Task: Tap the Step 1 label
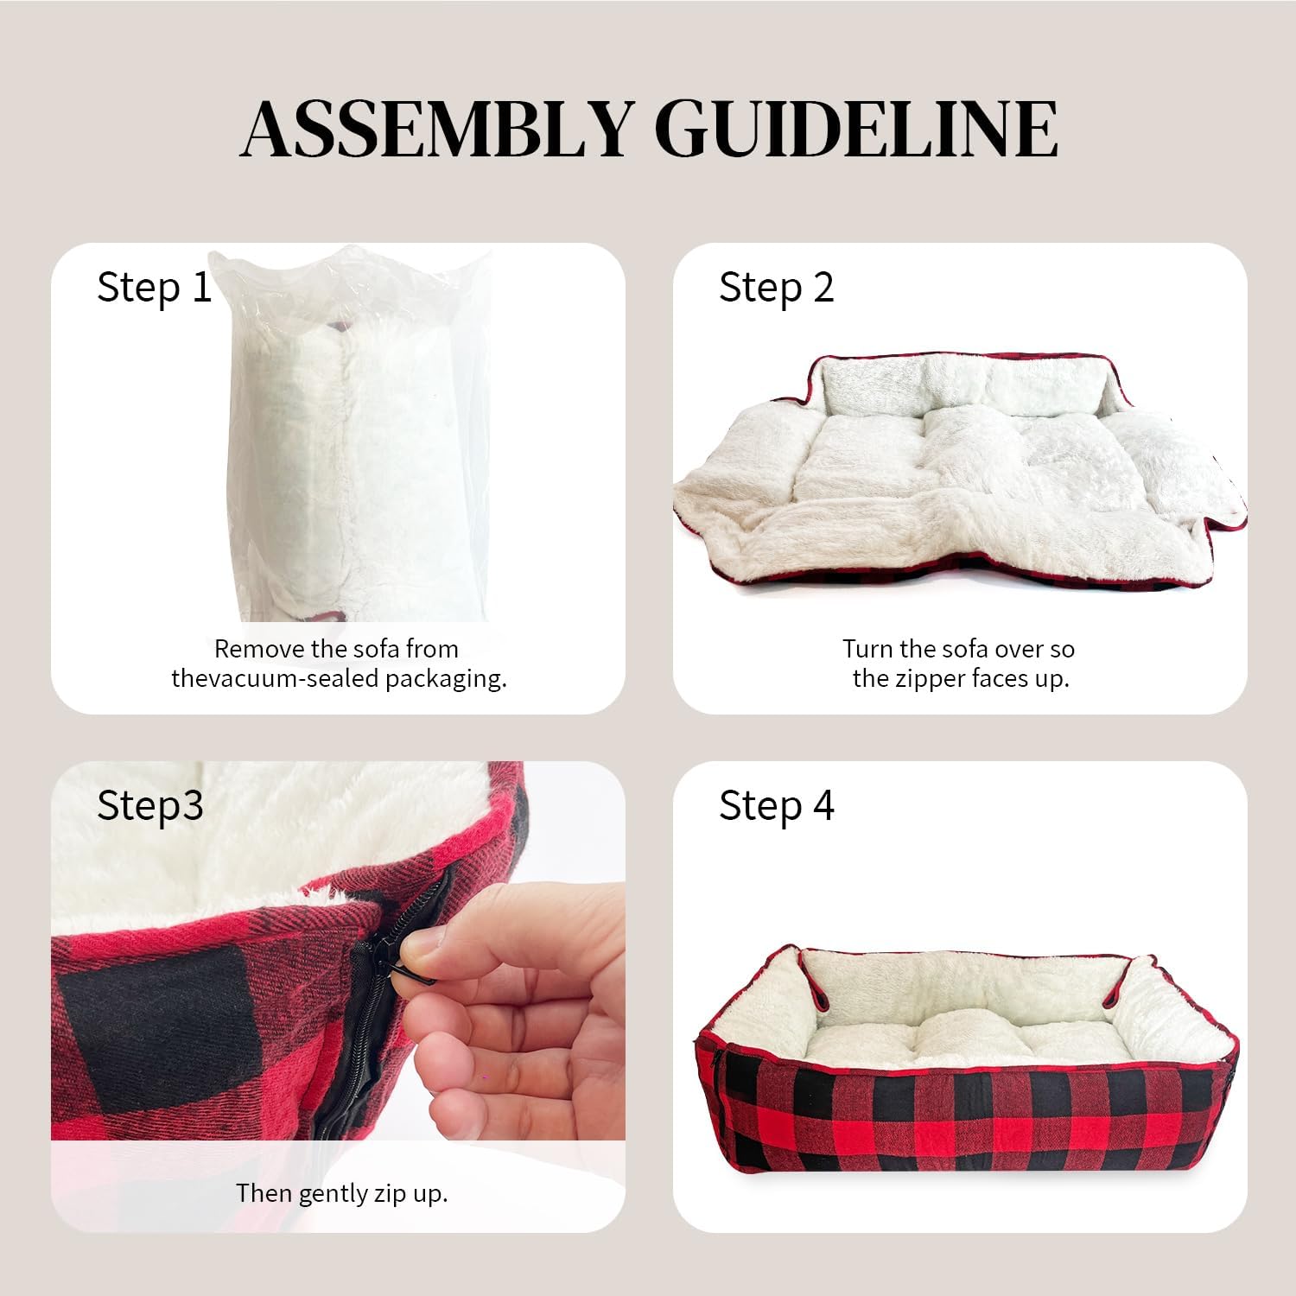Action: click(155, 288)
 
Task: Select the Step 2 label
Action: click(777, 288)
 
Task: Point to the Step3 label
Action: click(150, 806)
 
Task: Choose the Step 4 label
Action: click(777, 806)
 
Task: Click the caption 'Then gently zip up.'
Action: click(342, 1194)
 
